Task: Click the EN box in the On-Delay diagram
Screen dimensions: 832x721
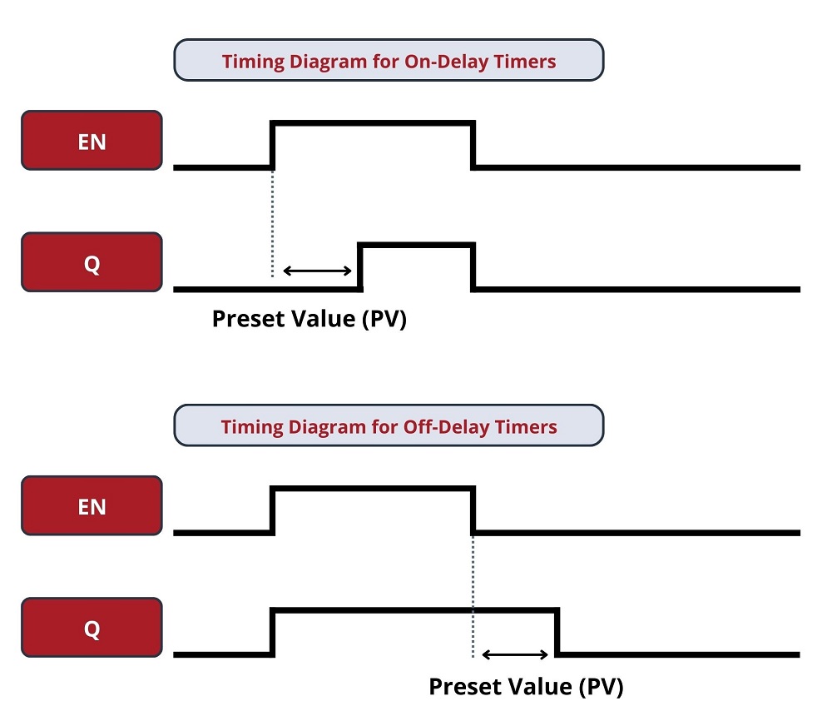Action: pos(92,141)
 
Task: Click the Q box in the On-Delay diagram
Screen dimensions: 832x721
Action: pos(92,262)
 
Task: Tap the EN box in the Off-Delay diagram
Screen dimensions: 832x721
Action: pos(92,506)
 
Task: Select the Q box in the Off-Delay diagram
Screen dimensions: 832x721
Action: pos(92,628)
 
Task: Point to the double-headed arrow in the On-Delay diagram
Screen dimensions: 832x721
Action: pos(317,271)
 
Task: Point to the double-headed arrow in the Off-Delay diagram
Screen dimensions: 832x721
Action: pos(515,654)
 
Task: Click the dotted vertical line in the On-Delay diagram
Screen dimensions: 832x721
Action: pos(273,223)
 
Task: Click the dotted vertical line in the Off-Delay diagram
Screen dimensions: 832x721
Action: pos(473,596)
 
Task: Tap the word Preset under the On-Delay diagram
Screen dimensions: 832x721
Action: pos(249,319)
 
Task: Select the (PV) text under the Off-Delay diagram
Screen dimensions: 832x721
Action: pos(601,687)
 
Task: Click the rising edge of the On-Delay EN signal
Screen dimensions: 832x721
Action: pos(273,145)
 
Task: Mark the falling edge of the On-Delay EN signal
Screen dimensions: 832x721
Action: pos(473,145)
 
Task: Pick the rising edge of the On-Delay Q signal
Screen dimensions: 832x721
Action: pos(360,267)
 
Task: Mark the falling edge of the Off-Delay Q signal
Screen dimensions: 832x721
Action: pos(557,632)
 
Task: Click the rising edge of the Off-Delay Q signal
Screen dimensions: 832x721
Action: pos(273,632)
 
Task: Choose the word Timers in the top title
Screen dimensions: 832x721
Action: pos(525,62)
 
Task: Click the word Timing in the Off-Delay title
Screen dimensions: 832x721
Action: pos(252,427)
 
